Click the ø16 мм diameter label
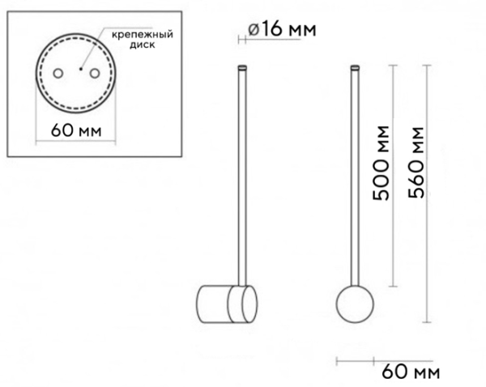(x=282, y=29)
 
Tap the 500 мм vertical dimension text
(x=381, y=163)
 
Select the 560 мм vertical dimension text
(x=416, y=163)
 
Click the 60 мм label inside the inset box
(x=76, y=130)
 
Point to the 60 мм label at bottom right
(x=411, y=372)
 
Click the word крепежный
(x=143, y=34)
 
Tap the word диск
(x=143, y=45)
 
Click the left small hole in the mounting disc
(x=58, y=74)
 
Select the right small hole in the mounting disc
(x=95, y=74)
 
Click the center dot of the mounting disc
(x=81, y=69)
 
